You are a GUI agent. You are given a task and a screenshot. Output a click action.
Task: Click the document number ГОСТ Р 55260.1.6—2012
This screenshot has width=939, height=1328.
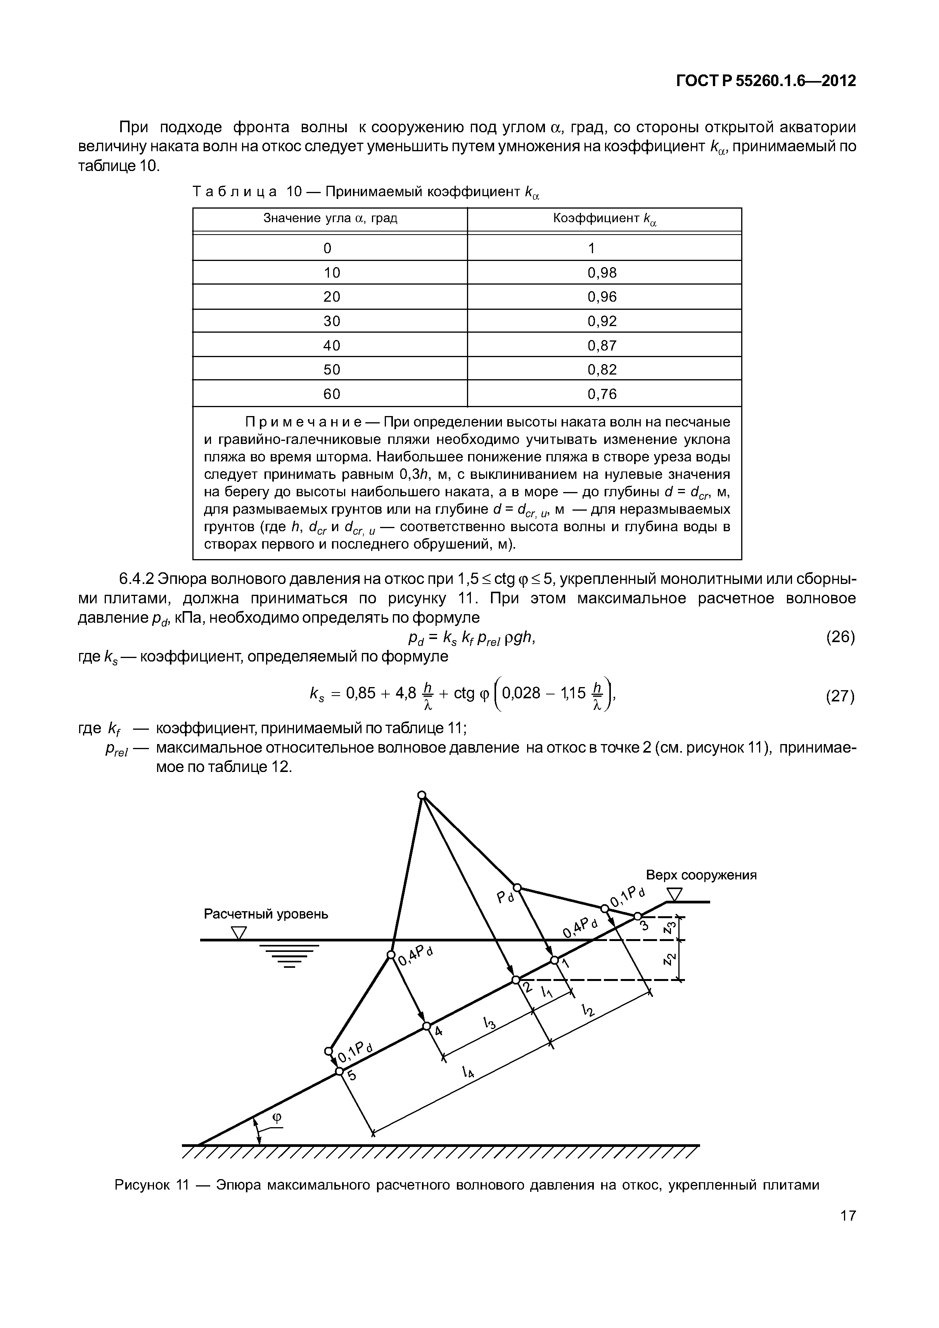765,81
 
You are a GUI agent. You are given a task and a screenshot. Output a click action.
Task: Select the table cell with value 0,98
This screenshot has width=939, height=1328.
602,273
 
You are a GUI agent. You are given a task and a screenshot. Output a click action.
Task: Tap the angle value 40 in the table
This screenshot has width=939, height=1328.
332,345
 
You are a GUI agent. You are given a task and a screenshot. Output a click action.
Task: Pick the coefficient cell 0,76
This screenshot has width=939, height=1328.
602,394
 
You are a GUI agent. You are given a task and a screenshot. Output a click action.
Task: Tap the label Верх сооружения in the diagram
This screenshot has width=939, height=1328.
701,875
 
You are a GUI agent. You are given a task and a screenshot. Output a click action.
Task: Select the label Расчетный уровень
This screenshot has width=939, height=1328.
266,914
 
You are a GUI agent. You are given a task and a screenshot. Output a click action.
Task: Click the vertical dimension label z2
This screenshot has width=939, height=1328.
669,960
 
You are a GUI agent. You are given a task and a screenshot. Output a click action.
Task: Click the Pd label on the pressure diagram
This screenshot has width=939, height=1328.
505,897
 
